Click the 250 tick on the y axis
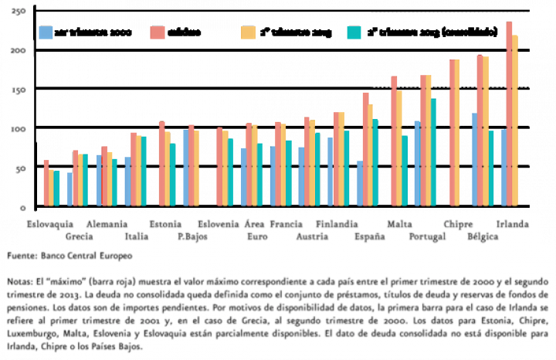[20, 12]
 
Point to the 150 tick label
[20, 90]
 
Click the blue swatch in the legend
[46, 32]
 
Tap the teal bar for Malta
[405, 171]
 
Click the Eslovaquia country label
[49, 224]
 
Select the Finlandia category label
[336, 224]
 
